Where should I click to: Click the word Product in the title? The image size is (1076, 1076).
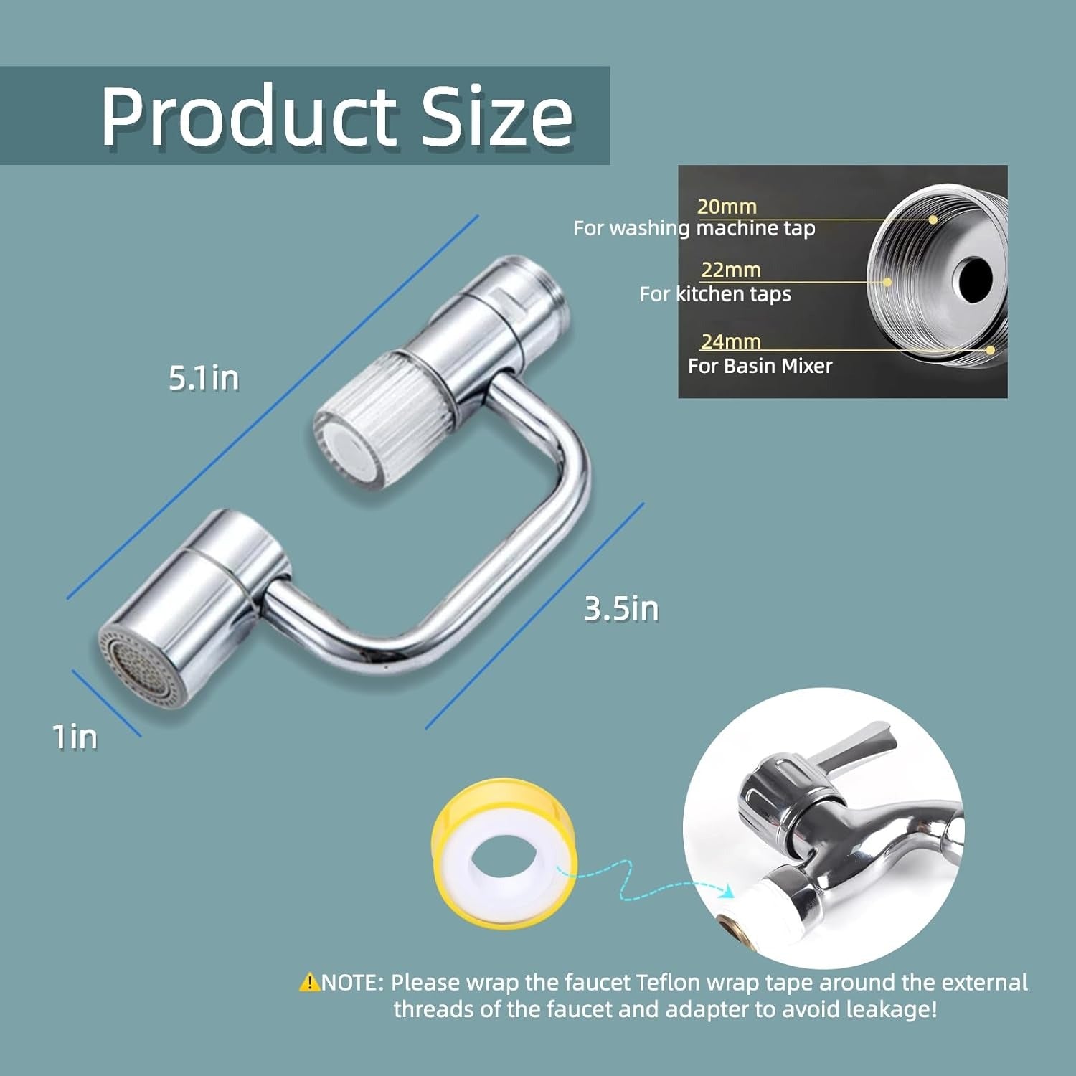pos(248,115)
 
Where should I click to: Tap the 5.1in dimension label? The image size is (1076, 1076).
pos(204,378)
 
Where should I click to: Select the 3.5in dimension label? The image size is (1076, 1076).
pos(621,609)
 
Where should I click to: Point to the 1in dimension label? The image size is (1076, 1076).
pos(75,737)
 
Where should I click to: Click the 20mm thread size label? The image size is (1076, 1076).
pos(727,207)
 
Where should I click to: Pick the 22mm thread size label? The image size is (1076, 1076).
pos(731,270)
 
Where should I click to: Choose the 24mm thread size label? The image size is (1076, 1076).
pos(731,341)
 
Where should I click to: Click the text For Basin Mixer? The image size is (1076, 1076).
pos(760,366)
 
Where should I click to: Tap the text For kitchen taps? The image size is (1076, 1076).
pos(715,294)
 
